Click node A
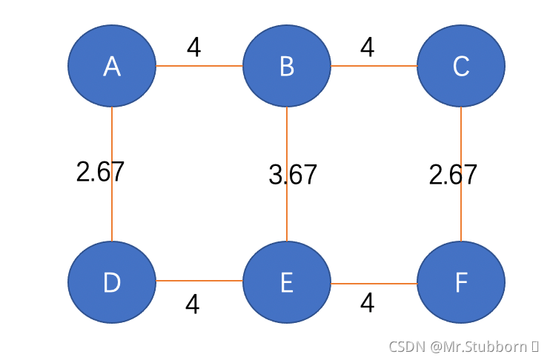tap(112, 66)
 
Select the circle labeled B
tap(287, 66)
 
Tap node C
tap(461, 66)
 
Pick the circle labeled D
tap(112, 282)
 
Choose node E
tap(287, 282)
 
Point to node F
tap(461, 282)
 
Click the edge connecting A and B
tap(199, 65)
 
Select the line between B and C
tap(374, 65)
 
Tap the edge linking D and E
tap(199, 281)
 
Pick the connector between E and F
tap(374, 283)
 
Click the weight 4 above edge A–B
tap(194, 47)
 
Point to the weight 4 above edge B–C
tap(367, 47)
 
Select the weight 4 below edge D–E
tap(193, 304)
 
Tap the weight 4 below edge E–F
tap(367, 303)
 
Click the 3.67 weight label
tap(293, 175)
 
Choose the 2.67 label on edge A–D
tap(100, 171)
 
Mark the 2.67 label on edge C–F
tap(453, 175)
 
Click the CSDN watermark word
tap(407, 347)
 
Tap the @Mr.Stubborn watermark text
tap(478, 347)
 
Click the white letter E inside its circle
tap(287, 282)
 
